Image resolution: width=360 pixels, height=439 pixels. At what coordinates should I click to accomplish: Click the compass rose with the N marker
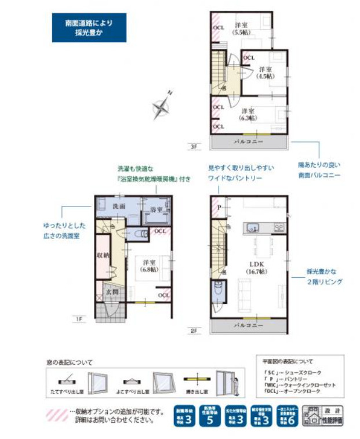click(161, 106)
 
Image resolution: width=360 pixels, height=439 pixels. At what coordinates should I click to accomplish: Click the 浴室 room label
click(156, 209)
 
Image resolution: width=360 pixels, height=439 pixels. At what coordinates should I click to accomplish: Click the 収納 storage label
click(103, 255)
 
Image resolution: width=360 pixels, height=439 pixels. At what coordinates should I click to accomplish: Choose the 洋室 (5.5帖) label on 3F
click(241, 29)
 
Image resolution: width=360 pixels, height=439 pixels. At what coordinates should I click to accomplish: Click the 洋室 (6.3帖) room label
click(248, 114)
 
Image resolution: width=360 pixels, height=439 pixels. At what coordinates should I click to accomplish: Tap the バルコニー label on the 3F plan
click(249, 142)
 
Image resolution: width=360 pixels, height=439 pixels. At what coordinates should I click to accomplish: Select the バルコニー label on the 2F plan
click(249, 326)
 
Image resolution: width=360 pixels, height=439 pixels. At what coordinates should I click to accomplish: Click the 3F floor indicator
click(193, 147)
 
